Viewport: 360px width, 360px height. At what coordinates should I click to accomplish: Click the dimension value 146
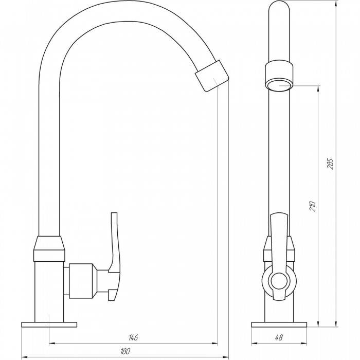pos(133,338)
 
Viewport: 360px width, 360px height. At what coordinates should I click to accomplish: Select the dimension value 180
pos(125,351)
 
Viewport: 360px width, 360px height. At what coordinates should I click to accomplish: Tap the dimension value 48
pos(279,338)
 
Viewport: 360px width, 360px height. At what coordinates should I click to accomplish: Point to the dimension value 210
pos(313,206)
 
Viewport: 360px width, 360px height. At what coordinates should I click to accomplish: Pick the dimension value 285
pos(331,164)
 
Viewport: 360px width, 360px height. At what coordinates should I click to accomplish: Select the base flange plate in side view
pos(279,325)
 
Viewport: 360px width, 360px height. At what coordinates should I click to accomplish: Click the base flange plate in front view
pos(49,325)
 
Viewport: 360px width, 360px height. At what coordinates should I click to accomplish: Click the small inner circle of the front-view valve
pos(279,281)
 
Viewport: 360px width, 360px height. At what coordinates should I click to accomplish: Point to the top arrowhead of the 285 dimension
pos(336,4)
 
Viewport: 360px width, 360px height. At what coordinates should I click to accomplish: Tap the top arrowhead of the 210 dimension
pos(318,89)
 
